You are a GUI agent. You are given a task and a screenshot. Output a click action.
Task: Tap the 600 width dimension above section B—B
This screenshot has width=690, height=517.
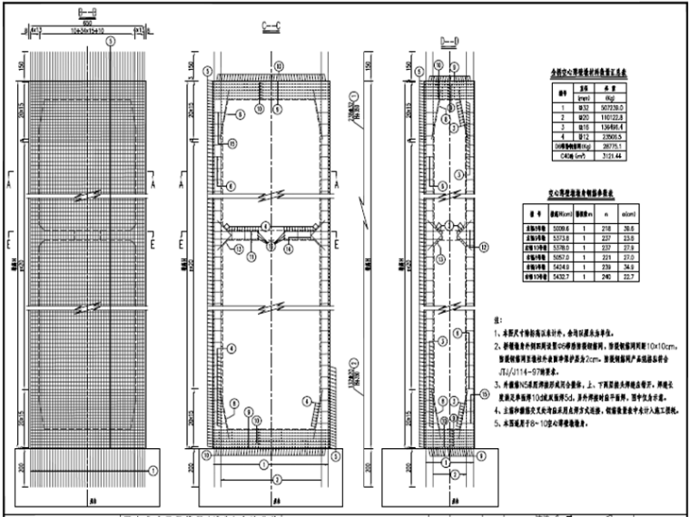[x=78, y=24]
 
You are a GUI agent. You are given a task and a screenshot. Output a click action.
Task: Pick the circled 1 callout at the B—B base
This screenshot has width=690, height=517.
[x=153, y=470]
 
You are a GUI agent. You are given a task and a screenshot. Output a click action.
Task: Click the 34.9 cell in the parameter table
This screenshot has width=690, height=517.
[x=653, y=269]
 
